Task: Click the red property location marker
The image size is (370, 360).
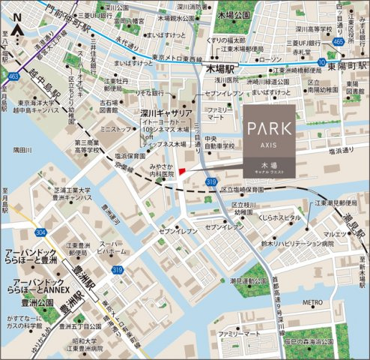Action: (x=182, y=172)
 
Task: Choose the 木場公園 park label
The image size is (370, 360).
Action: (x=234, y=14)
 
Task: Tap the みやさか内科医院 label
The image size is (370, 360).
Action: (x=161, y=171)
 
